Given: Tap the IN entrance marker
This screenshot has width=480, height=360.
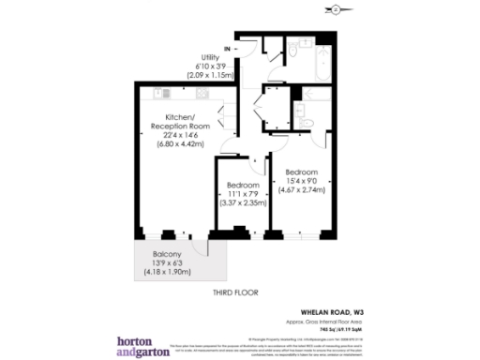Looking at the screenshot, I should pos(228,48).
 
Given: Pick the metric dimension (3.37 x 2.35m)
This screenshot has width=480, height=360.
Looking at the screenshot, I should pos(243,202).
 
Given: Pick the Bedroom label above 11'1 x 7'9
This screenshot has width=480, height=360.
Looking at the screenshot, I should pos(243,184).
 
